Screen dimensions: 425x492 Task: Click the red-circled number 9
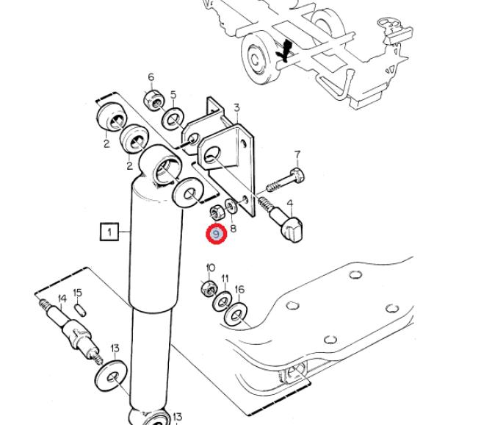point(216,235)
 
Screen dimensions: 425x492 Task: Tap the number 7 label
point(297,155)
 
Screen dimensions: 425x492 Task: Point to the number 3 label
point(236,108)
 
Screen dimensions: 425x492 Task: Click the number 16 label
point(239,290)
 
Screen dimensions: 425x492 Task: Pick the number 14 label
point(62,299)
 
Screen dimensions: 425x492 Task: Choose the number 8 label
point(234,228)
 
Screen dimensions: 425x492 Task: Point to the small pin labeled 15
point(81,310)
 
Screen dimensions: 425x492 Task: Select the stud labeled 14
point(73,332)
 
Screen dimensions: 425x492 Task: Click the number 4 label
point(290,204)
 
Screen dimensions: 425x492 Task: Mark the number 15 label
point(78,293)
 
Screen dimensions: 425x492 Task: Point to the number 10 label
point(211,268)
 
